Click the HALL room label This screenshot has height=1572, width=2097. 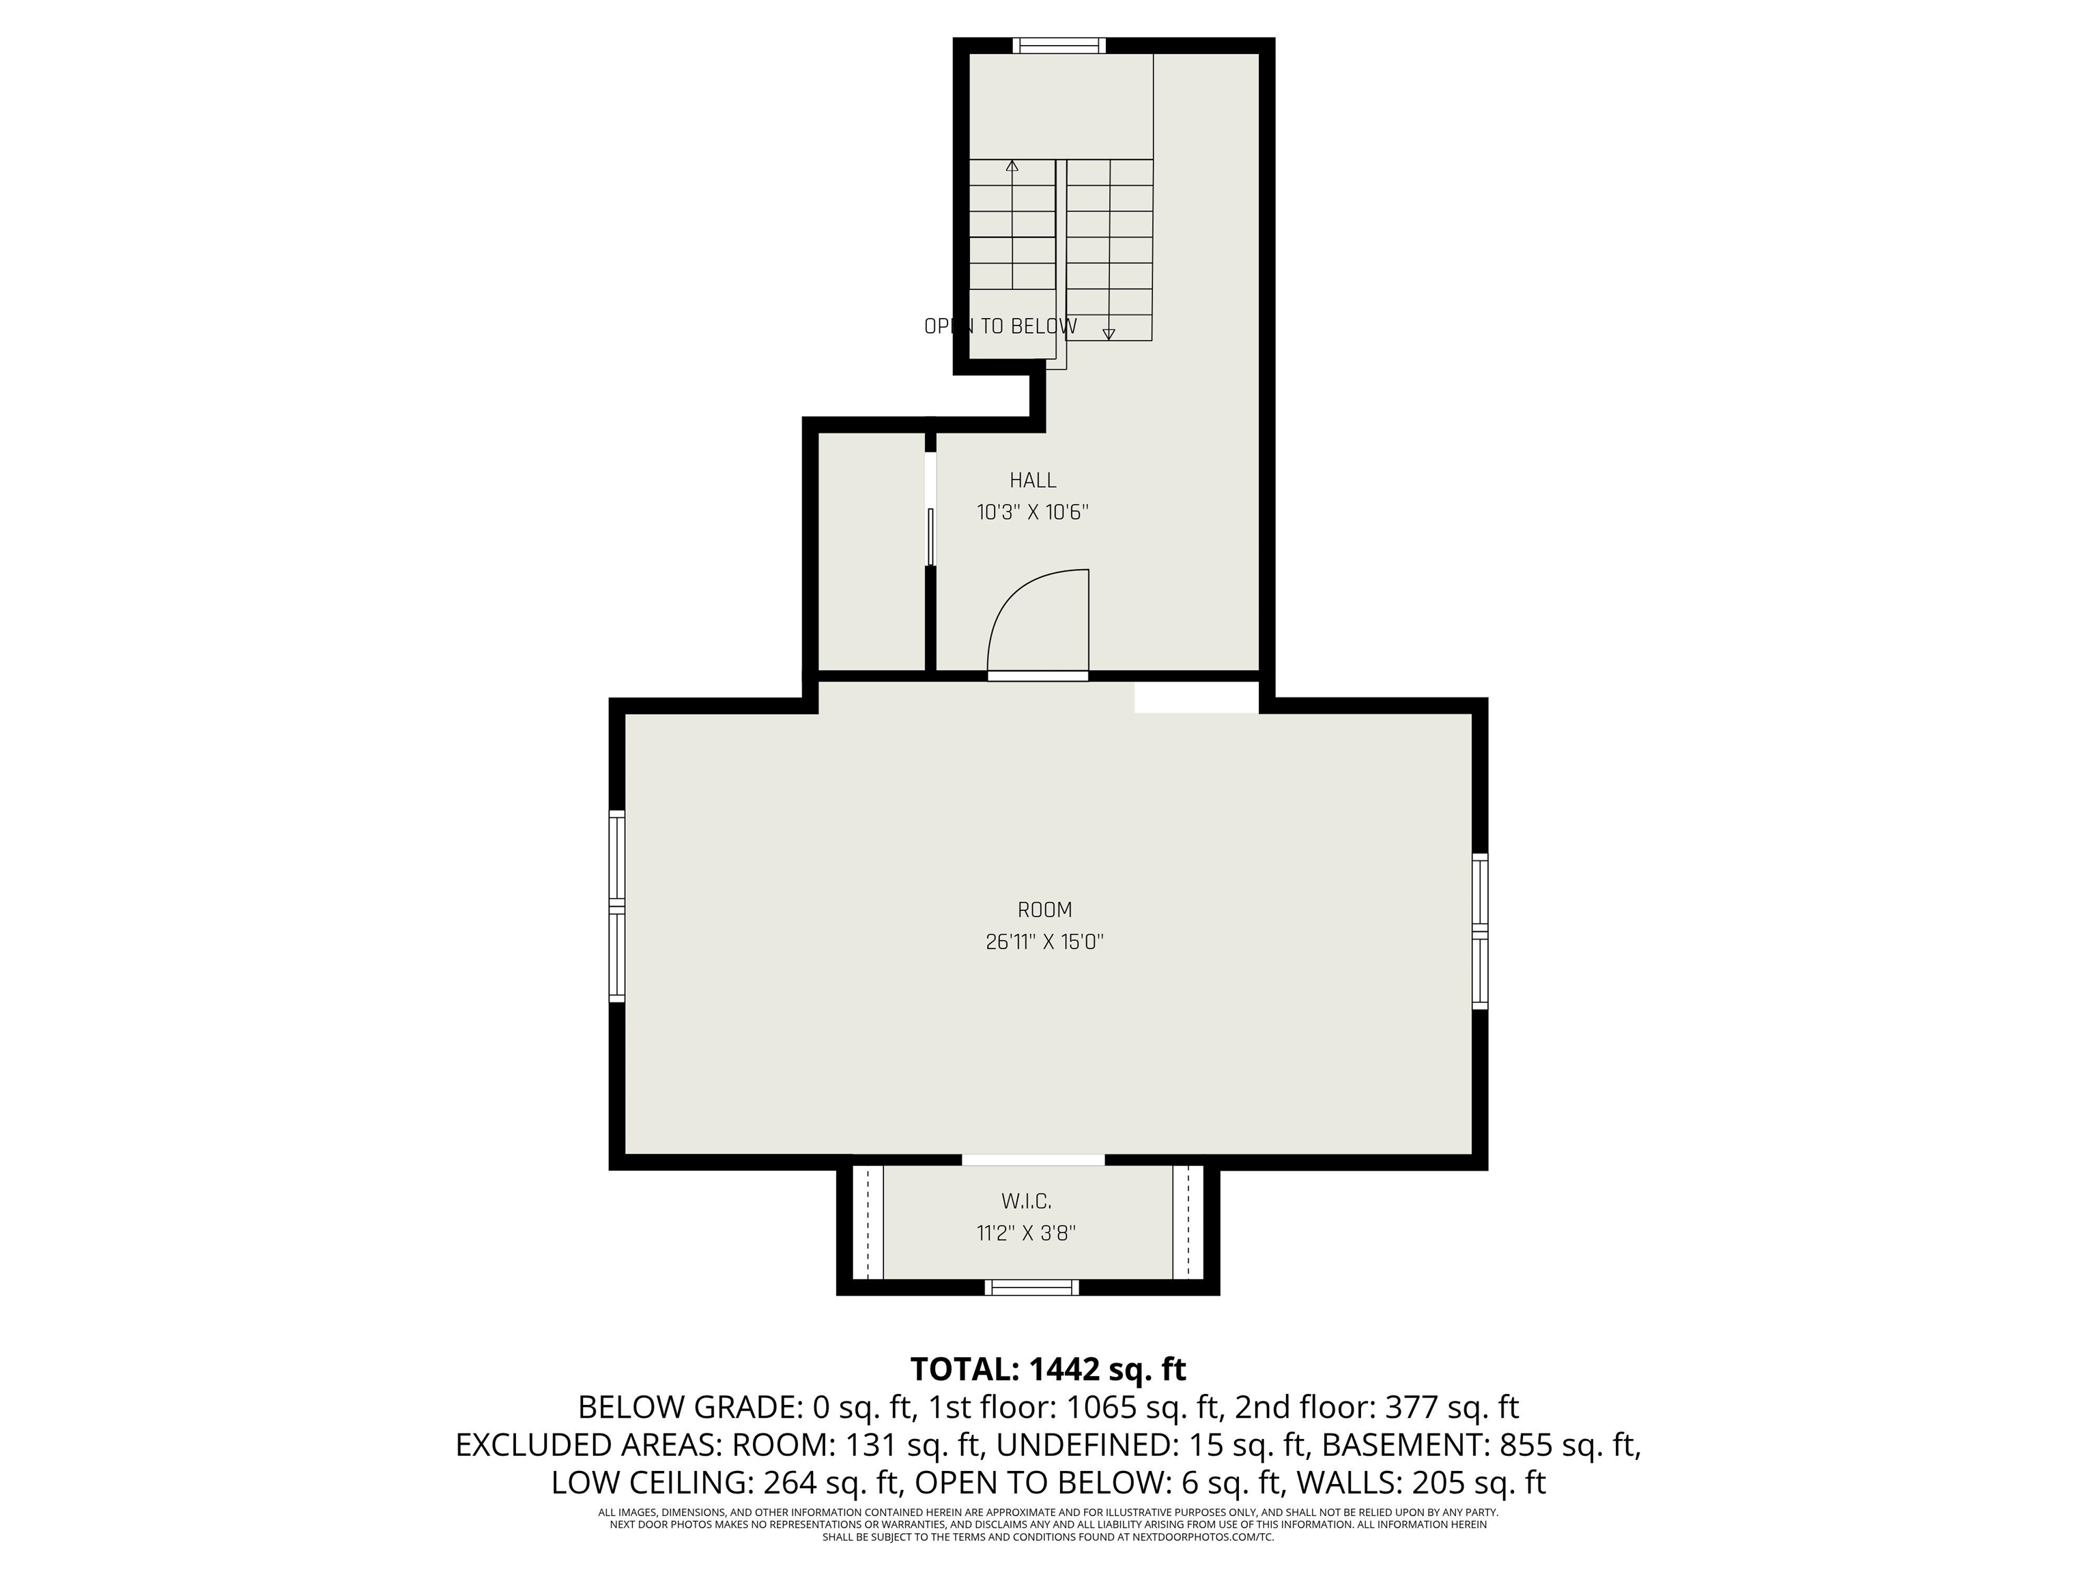click(x=1032, y=480)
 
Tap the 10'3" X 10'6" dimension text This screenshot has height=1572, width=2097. click(x=1032, y=512)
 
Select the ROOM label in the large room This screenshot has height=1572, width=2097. click(x=1044, y=909)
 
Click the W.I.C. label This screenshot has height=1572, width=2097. click(x=1027, y=1202)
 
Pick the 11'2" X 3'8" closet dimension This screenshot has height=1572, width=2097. click(x=1027, y=1234)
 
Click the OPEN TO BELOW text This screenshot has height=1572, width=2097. click(x=1000, y=327)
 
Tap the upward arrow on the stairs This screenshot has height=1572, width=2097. click(x=1012, y=166)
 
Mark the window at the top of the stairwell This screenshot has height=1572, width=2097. click(x=1059, y=44)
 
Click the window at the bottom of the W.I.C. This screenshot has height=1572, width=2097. click(x=1031, y=1287)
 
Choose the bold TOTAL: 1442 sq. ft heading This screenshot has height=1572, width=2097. click(x=1048, y=1369)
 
